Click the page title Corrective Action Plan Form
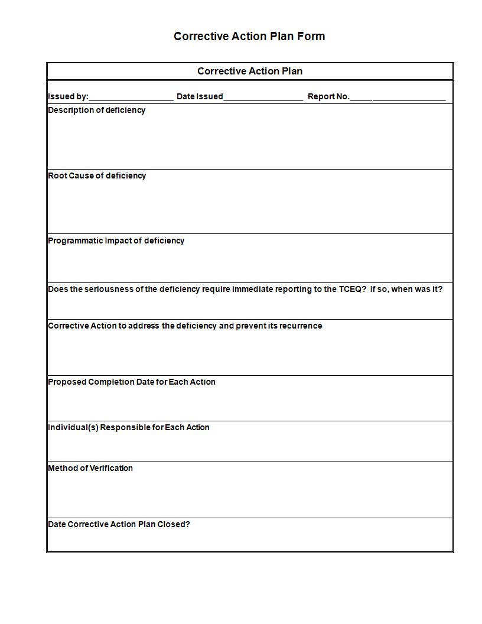249,36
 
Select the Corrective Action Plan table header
250,71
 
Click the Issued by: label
68,96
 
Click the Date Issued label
200,96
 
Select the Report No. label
328,96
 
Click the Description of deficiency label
97,110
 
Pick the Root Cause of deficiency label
97,175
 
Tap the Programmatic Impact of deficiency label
116,240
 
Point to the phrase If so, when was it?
406,289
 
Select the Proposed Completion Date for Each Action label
132,382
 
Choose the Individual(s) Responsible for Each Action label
129,427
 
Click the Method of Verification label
90,468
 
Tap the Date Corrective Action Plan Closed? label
119,524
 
